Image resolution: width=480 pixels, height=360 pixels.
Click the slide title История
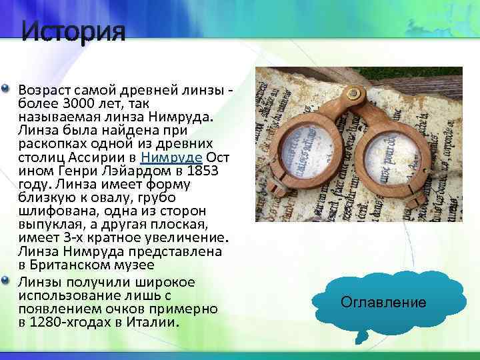pos(73,31)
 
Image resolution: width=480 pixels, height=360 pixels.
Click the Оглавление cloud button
pos(383,302)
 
